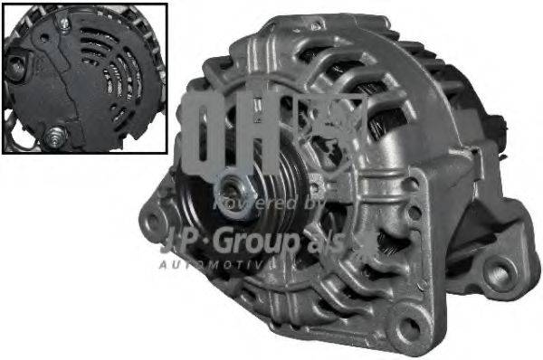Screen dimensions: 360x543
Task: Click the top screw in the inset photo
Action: pyautogui.click(x=64, y=15)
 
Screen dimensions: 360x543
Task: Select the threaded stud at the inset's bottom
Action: pyautogui.click(x=56, y=136)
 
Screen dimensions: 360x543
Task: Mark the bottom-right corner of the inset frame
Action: pyautogui.click(x=167, y=153)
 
